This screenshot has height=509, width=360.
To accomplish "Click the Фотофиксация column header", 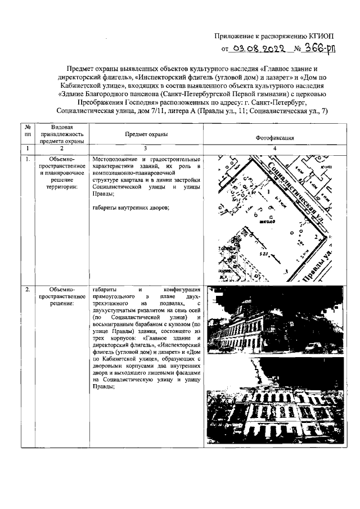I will pos(274,137).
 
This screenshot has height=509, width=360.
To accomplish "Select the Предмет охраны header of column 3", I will pos(146,134).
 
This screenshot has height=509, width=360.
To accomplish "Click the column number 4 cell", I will pos(274,148).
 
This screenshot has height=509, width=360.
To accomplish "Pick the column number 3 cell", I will pos(146,148).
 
